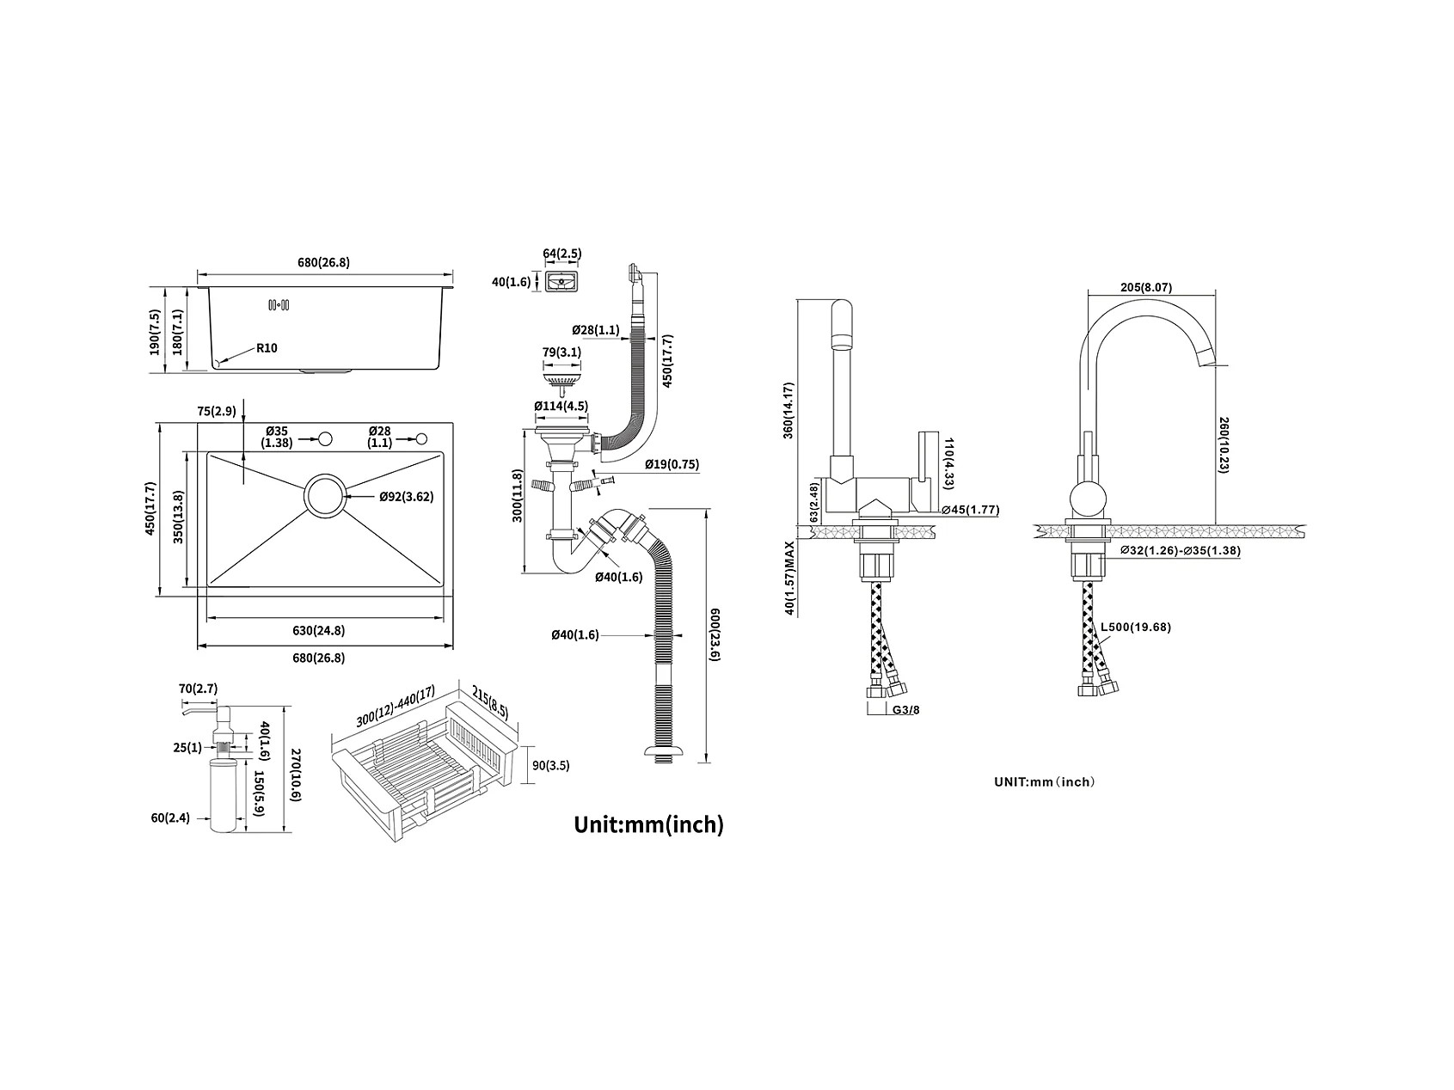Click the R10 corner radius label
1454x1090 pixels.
267,348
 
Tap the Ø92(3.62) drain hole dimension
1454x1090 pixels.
406,496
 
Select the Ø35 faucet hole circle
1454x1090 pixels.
325,439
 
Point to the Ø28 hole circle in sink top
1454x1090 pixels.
420,439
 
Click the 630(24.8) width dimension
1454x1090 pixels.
318,630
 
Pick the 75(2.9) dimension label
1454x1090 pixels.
217,411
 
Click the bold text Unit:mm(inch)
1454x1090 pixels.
649,824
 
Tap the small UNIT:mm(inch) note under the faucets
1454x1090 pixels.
1044,781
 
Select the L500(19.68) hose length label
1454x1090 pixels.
1136,627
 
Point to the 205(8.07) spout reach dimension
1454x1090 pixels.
1147,288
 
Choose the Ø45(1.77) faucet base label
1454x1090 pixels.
971,510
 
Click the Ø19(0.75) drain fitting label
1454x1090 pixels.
672,464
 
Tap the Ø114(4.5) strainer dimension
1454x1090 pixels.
561,406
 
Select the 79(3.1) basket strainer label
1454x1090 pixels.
561,352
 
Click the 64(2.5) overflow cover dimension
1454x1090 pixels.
562,253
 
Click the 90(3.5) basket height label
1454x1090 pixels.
550,765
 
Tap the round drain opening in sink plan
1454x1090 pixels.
324,496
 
